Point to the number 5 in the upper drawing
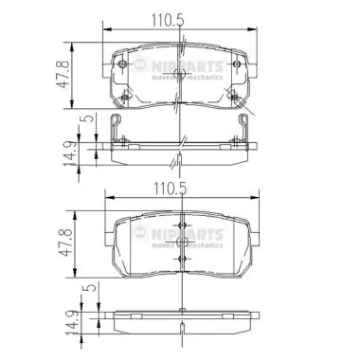[x=86, y=118]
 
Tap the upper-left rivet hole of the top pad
[x=126, y=63]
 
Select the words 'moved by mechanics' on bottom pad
[x=189, y=245]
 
